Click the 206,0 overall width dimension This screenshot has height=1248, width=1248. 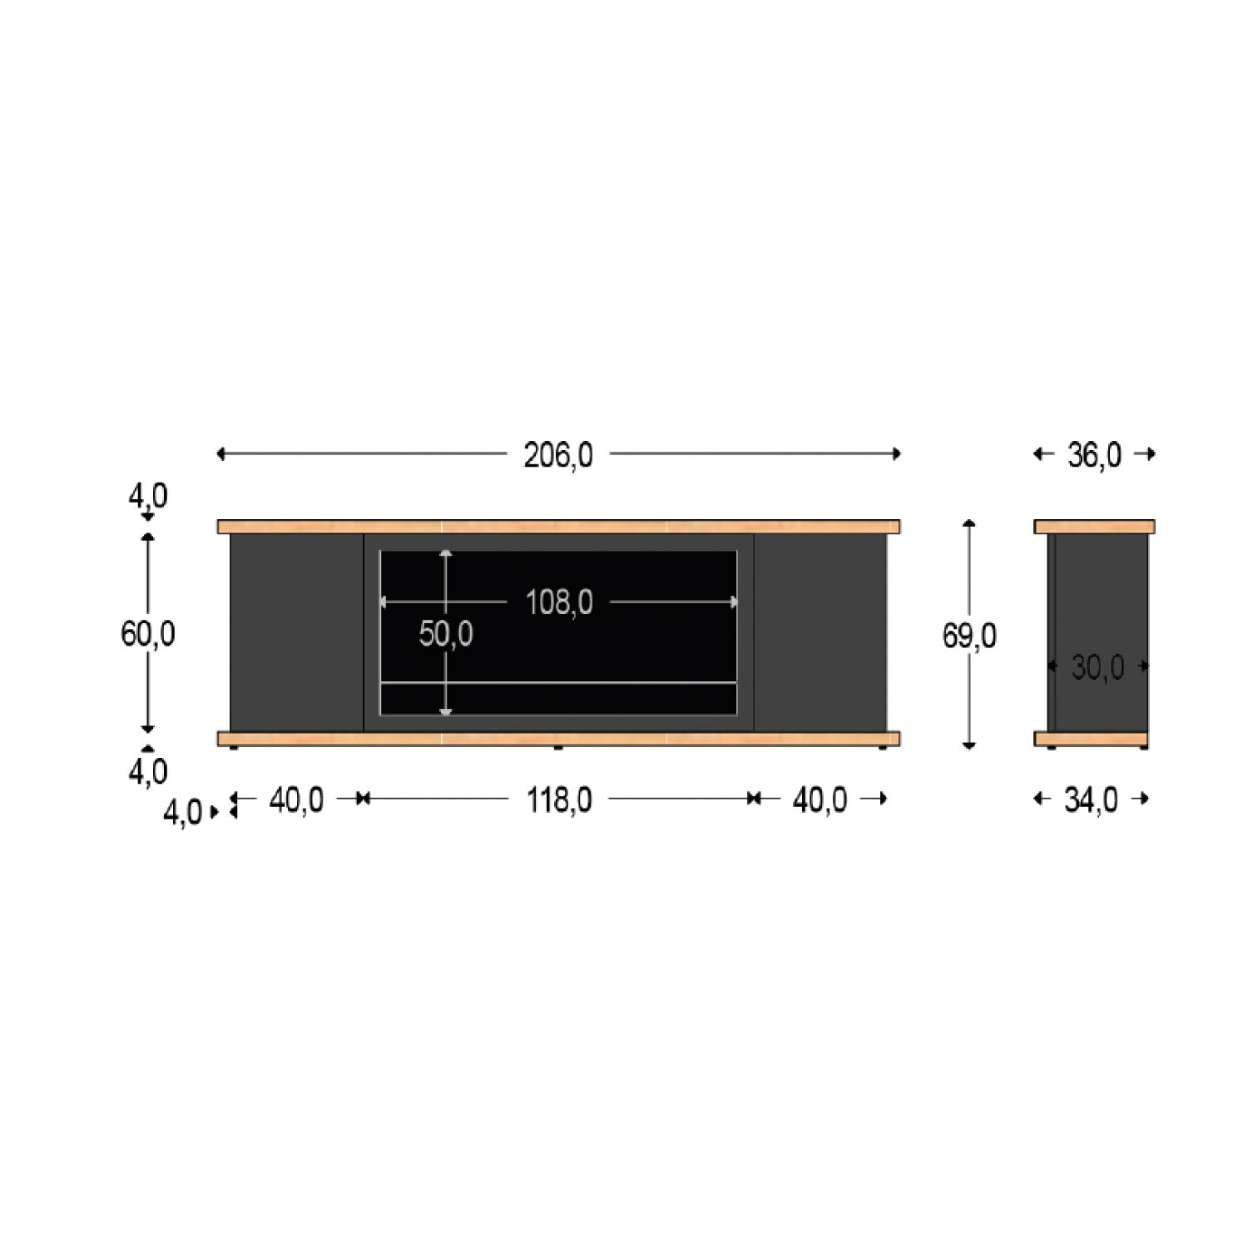click(557, 455)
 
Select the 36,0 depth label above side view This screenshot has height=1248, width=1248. click(1094, 455)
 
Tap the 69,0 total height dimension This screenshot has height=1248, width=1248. click(969, 636)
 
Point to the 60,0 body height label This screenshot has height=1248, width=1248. click(148, 635)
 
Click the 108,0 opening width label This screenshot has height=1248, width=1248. click(558, 602)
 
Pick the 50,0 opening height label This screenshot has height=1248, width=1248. click(446, 635)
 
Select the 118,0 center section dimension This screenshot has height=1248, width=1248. click(558, 800)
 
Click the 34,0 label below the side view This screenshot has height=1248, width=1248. click(1091, 800)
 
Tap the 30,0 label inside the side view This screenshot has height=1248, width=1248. click(1097, 667)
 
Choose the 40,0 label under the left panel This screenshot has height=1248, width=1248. click(296, 800)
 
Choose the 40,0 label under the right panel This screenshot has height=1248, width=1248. click(820, 800)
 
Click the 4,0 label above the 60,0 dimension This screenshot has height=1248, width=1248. click(147, 497)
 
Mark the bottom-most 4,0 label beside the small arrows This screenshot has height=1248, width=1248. click(182, 813)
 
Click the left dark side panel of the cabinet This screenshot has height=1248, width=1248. click(296, 632)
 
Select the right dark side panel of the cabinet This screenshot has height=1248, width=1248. click(820, 632)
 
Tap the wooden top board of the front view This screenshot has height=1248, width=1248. click(558, 527)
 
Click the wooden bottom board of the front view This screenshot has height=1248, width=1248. click(558, 738)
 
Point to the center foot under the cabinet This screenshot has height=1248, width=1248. click(557, 748)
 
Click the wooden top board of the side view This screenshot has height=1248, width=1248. click(1094, 527)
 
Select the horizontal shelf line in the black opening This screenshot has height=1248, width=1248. click(558, 683)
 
